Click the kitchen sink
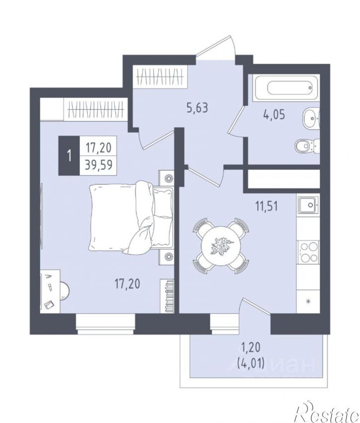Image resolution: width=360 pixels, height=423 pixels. point(308,205)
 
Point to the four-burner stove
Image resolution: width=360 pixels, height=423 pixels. point(308,252)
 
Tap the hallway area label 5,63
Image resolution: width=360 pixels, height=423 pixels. point(198,108)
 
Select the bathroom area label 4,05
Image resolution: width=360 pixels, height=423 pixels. point(274,115)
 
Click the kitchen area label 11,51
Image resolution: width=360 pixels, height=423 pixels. point(267,207)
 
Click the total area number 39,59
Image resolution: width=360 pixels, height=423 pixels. point(98,164)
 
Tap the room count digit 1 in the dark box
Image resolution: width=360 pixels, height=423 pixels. point(70,156)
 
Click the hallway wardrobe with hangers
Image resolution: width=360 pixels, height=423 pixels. point(160,76)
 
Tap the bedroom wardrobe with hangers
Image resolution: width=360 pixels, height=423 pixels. point(95,109)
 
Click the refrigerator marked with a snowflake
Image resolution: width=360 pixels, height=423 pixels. point(308,301)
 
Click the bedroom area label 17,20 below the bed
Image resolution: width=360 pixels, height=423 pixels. point(128,284)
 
